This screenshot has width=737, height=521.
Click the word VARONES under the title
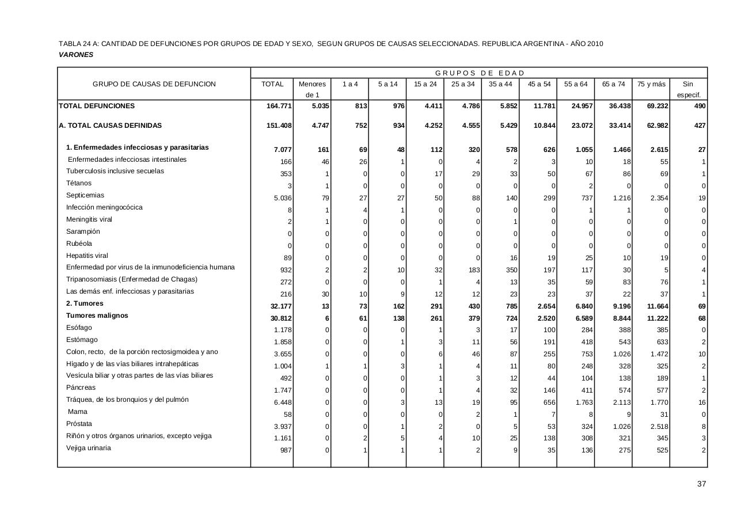point(76,55)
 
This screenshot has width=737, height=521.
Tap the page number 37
point(701,484)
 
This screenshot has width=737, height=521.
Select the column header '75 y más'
point(651,84)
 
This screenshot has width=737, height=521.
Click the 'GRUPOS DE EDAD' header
point(480,73)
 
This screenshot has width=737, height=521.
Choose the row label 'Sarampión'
point(83,231)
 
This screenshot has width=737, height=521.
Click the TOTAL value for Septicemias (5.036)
point(282,198)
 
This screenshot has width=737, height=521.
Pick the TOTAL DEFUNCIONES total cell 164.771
point(279,107)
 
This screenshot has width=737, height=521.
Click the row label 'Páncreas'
point(81,387)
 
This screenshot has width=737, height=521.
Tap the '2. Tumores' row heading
point(85,303)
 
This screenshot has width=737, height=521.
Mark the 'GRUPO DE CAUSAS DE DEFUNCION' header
point(154,84)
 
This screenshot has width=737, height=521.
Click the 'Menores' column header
point(312,84)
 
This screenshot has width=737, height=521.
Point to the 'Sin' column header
point(687,84)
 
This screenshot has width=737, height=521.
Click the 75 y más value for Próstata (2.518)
point(658,427)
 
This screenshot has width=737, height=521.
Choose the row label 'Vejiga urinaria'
point(89,448)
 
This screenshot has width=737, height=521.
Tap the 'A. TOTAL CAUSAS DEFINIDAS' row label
point(110,126)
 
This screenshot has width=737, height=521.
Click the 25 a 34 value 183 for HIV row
point(471,271)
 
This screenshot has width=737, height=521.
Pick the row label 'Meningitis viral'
point(89,219)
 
